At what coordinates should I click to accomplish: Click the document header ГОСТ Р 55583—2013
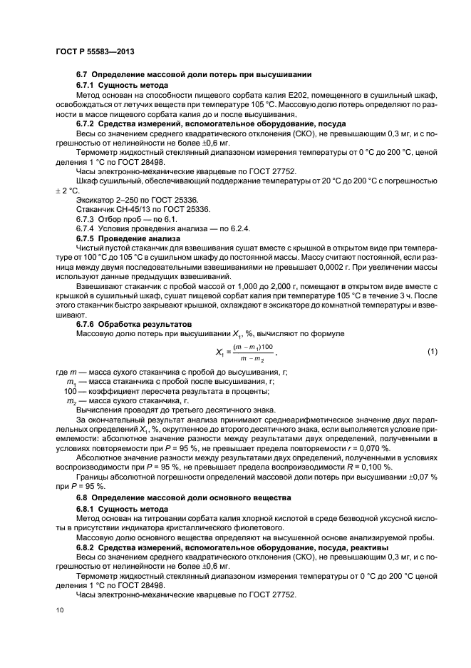click(95, 53)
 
